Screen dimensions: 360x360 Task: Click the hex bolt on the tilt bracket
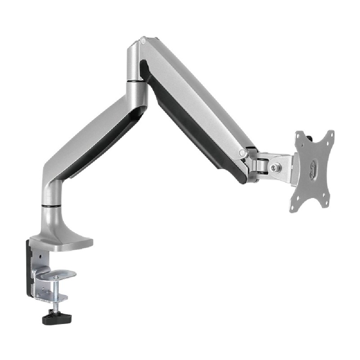(x=274, y=167)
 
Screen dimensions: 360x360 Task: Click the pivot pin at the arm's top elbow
(x=143, y=41)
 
